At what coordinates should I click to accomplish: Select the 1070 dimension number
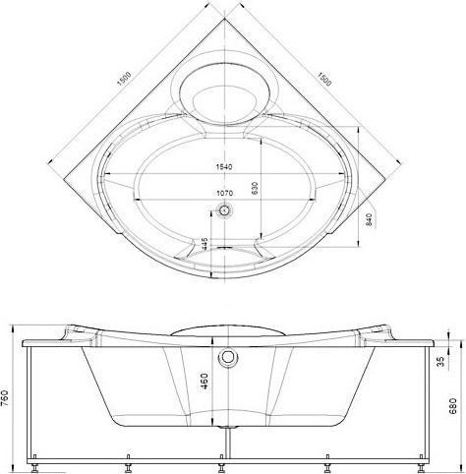[227, 194]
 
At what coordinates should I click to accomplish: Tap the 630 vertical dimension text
[254, 186]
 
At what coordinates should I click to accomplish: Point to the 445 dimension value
[205, 244]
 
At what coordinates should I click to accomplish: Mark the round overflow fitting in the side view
[226, 356]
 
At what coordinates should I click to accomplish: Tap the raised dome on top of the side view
[225, 327]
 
